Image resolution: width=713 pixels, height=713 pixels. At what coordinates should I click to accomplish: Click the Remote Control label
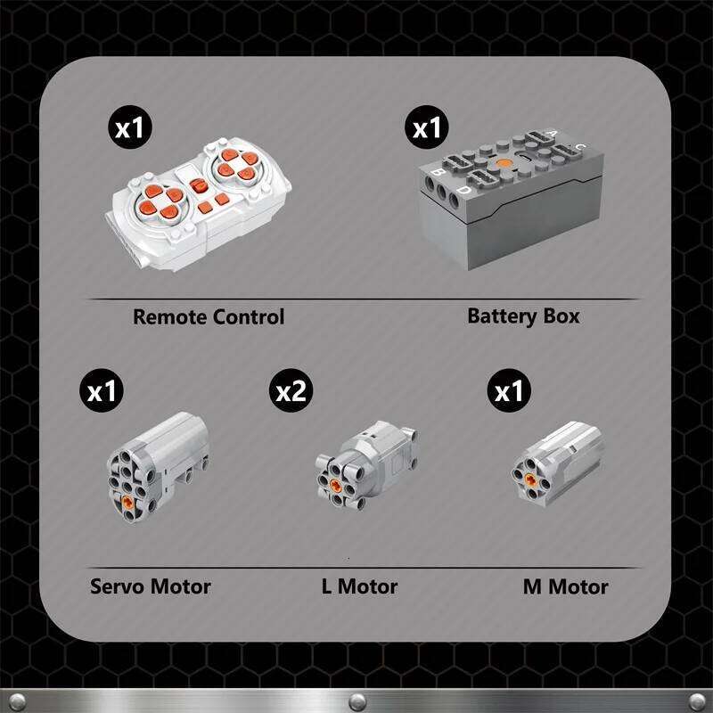point(209,317)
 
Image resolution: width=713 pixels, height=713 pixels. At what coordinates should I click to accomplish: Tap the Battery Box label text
point(523,316)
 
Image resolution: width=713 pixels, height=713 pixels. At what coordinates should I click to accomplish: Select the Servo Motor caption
point(151,586)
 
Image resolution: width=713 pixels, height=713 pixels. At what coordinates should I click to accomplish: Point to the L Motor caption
point(360,586)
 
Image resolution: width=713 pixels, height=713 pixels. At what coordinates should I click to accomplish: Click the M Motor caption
point(566,586)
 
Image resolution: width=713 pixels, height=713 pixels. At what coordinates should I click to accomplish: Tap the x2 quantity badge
point(291,390)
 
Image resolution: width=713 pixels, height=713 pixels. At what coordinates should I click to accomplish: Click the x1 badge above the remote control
point(130,127)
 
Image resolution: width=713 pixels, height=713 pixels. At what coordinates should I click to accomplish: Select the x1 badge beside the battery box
point(427,127)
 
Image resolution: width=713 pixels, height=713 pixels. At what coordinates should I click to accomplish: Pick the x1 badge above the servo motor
point(102,390)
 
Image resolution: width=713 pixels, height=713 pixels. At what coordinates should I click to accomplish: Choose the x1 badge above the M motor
point(509,390)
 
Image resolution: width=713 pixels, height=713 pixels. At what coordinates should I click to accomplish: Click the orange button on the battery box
point(504,163)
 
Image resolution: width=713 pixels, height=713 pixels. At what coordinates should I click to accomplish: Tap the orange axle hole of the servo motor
point(127,502)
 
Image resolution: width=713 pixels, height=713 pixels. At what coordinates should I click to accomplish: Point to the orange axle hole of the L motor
point(336,485)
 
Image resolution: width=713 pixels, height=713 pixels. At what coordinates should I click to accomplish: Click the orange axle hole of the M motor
point(530,479)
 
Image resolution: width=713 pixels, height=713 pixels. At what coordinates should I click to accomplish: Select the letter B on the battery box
point(438,172)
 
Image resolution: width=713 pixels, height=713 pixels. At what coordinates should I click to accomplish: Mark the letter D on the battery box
point(464,189)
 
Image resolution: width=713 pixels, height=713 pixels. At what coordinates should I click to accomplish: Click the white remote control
point(198,204)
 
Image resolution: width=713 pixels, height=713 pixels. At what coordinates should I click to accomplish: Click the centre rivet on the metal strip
point(357,701)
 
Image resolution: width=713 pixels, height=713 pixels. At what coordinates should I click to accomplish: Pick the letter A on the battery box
point(552,133)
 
